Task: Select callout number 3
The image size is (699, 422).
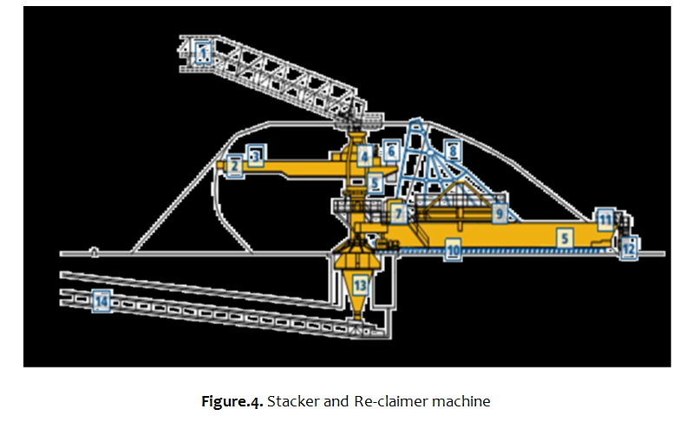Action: (x=255, y=155)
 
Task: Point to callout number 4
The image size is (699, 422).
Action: (x=365, y=157)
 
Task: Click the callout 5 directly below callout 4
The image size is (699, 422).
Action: (x=375, y=184)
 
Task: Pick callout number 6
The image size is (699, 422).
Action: (x=391, y=151)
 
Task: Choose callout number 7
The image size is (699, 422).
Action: (x=397, y=213)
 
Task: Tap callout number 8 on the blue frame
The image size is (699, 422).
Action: (x=452, y=150)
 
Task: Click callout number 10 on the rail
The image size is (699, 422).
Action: (x=452, y=251)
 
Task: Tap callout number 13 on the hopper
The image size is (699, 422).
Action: (x=360, y=284)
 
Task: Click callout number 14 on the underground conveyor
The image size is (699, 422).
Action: (x=103, y=301)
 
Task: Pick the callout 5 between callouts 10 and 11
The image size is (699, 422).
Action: (x=564, y=236)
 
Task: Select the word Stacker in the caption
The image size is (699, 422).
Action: (x=291, y=401)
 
